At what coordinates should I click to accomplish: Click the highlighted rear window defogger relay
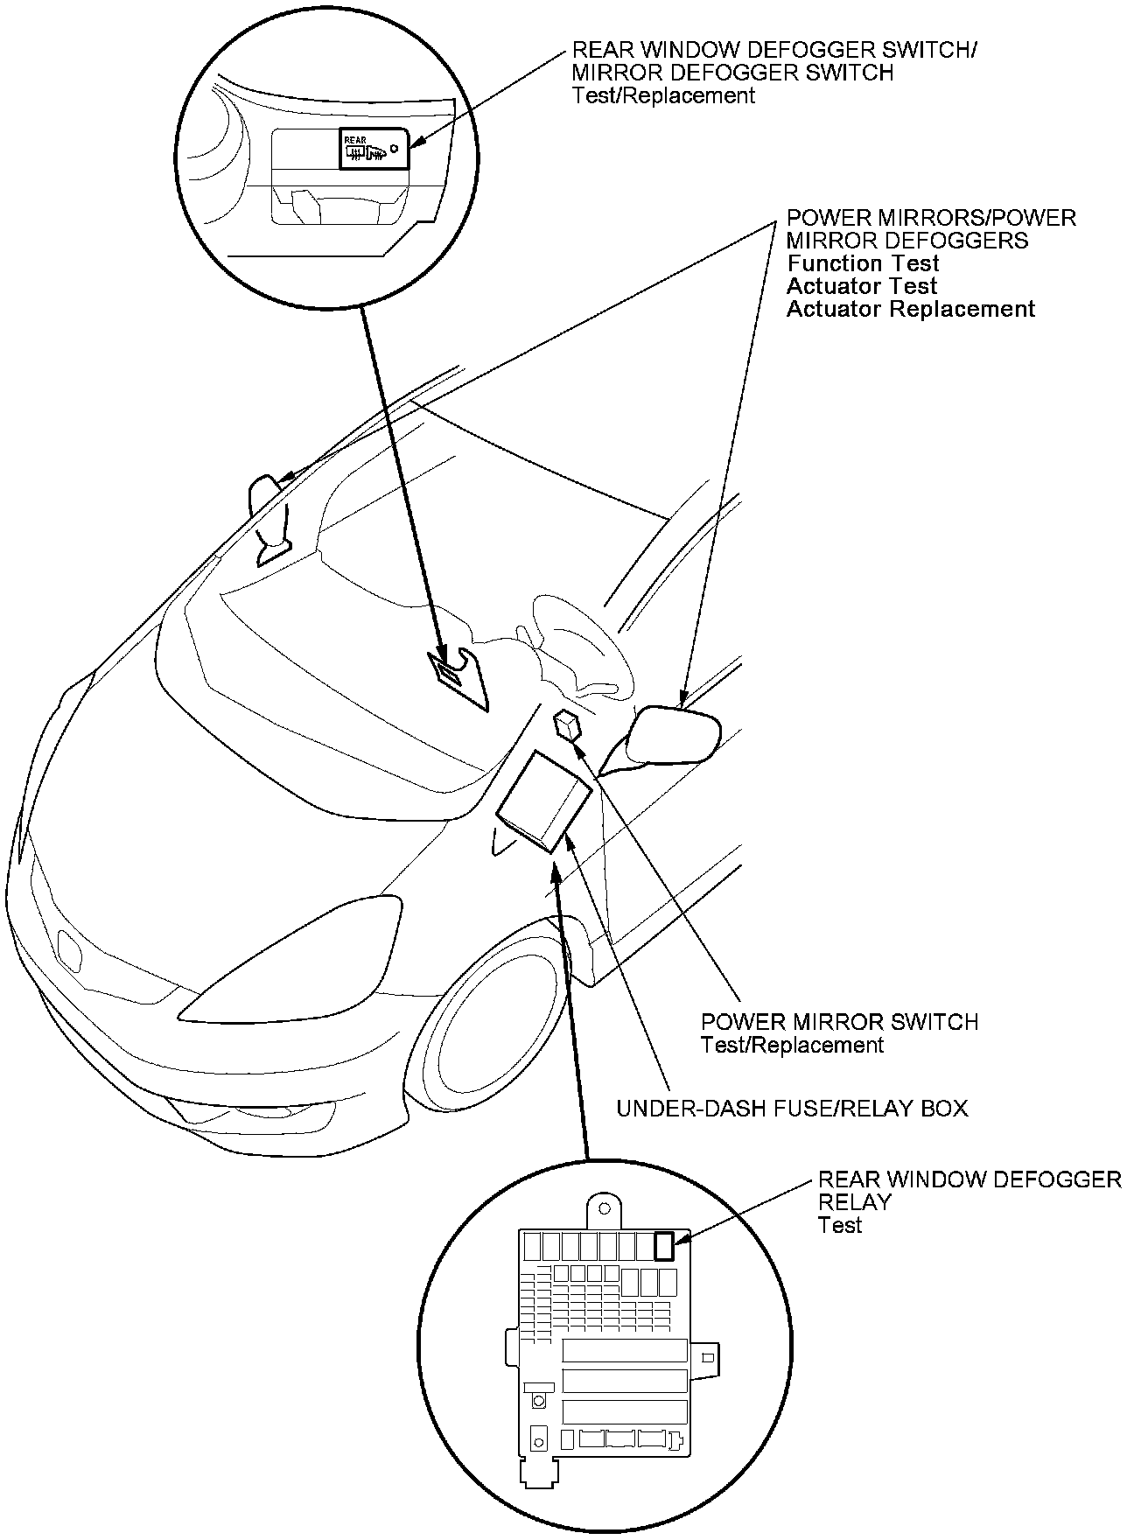665,1245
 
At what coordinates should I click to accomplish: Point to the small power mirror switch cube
568,724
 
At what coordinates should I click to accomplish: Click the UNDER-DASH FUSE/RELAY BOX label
792,1109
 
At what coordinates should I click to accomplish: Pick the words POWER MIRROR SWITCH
839,1022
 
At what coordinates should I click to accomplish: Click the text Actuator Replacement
910,309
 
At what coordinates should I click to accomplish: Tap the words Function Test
863,263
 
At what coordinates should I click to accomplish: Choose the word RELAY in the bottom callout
854,1202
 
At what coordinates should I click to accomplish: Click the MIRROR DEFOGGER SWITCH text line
732,73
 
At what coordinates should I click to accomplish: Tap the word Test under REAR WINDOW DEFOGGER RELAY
840,1225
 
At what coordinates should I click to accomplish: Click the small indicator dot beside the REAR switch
395,149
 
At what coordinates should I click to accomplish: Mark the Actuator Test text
861,286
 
